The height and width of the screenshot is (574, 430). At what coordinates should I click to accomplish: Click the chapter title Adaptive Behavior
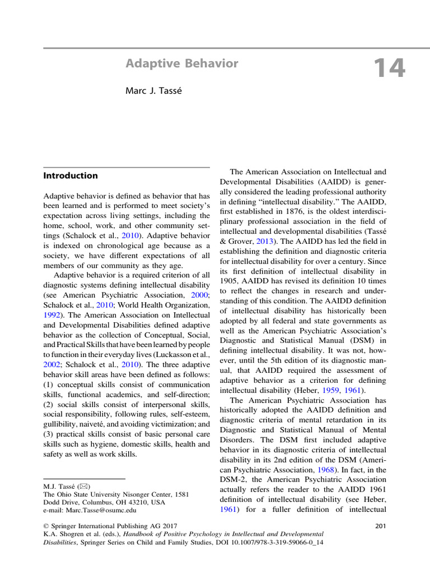pos(182,63)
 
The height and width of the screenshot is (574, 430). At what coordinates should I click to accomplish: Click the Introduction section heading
pos(71,175)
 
